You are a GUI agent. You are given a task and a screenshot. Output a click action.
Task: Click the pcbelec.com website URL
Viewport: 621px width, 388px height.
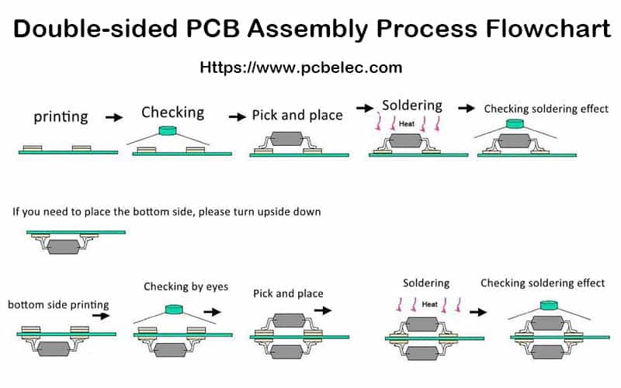point(301,68)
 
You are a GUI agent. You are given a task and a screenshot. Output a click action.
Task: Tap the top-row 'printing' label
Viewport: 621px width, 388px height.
point(61,118)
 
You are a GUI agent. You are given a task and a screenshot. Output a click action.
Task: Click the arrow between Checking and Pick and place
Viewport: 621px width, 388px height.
point(237,116)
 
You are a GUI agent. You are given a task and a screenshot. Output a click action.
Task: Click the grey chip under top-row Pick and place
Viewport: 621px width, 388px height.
point(286,140)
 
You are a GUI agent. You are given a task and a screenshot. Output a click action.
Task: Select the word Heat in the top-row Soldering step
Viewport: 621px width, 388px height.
point(406,123)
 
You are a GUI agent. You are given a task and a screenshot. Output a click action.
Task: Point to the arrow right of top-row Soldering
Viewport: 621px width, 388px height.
point(467,108)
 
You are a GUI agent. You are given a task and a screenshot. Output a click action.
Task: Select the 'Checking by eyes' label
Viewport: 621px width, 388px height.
point(186,287)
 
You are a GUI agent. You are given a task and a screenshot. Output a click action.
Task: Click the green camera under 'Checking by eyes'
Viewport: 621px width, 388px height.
point(172,308)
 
